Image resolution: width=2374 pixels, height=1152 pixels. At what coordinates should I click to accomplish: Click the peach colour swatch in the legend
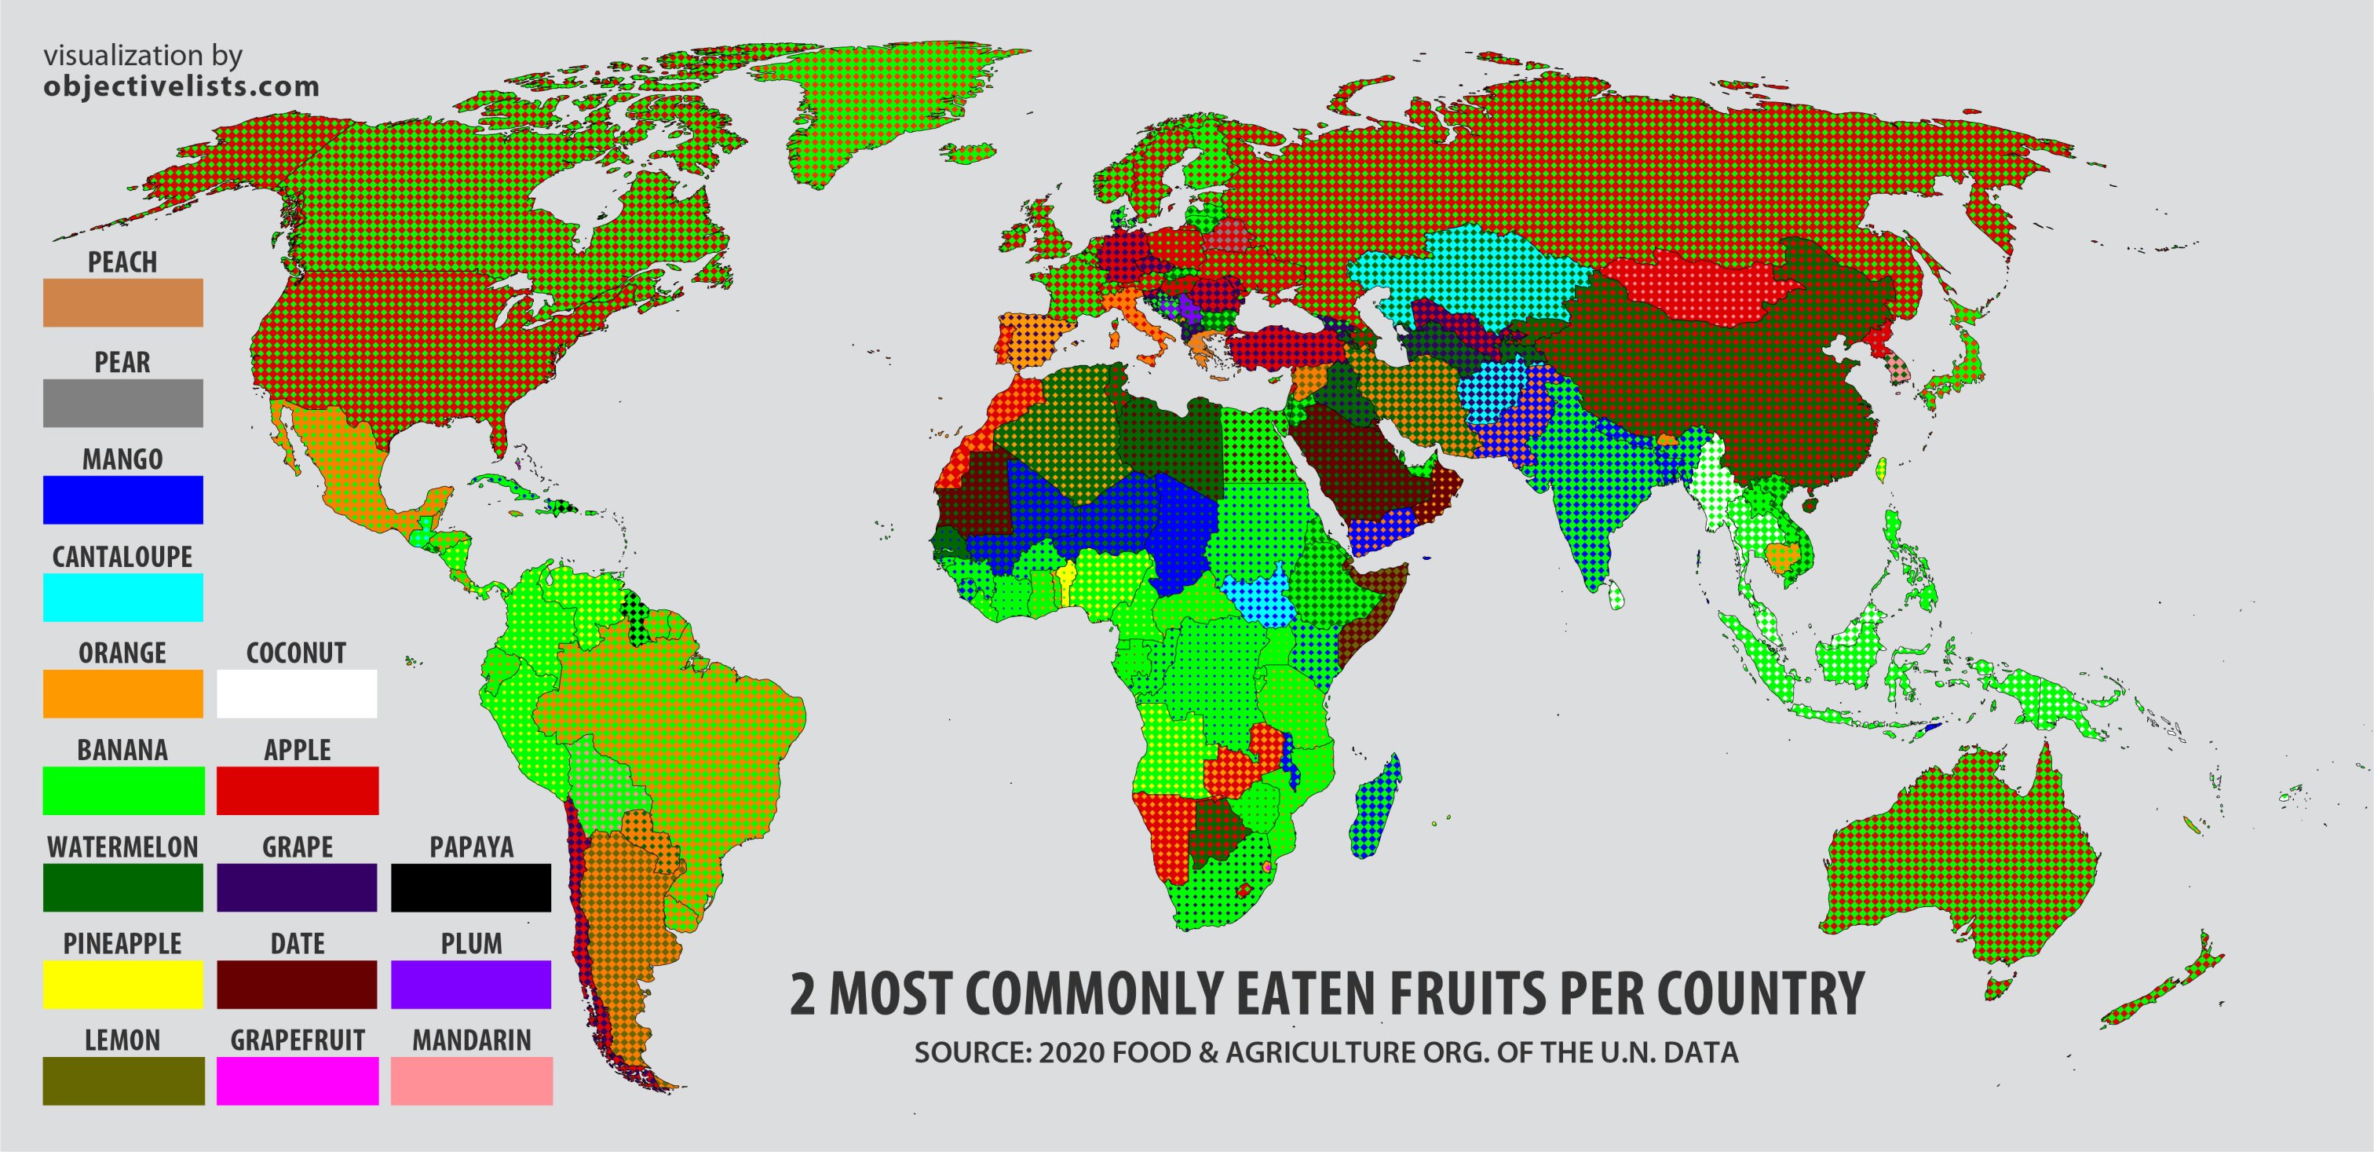coord(122,302)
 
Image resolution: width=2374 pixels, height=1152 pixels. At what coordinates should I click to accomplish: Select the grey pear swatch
coord(122,403)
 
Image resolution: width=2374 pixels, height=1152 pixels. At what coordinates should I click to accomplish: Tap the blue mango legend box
coord(122,499)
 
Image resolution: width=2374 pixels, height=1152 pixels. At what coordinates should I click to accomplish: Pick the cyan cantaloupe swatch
coord(122,597)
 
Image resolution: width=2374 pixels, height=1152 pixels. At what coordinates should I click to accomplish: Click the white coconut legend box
coord(297,693)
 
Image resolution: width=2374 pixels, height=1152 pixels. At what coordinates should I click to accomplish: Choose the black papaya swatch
coord(471,887)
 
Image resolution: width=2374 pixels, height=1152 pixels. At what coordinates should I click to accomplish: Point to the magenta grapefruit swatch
coord(297,1081)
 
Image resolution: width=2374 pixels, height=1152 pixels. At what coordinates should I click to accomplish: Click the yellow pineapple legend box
coord(122,984)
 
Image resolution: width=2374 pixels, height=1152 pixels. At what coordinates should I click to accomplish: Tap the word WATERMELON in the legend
coord(122,847)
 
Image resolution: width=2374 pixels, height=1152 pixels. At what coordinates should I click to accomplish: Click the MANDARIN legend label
coord(471,1040)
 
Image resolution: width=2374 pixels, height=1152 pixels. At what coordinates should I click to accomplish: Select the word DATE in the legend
coord(297,944)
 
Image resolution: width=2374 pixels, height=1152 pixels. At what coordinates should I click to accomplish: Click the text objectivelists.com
coord(181,86)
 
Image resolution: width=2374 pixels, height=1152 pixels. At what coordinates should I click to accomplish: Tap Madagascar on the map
coord(1377,807)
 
